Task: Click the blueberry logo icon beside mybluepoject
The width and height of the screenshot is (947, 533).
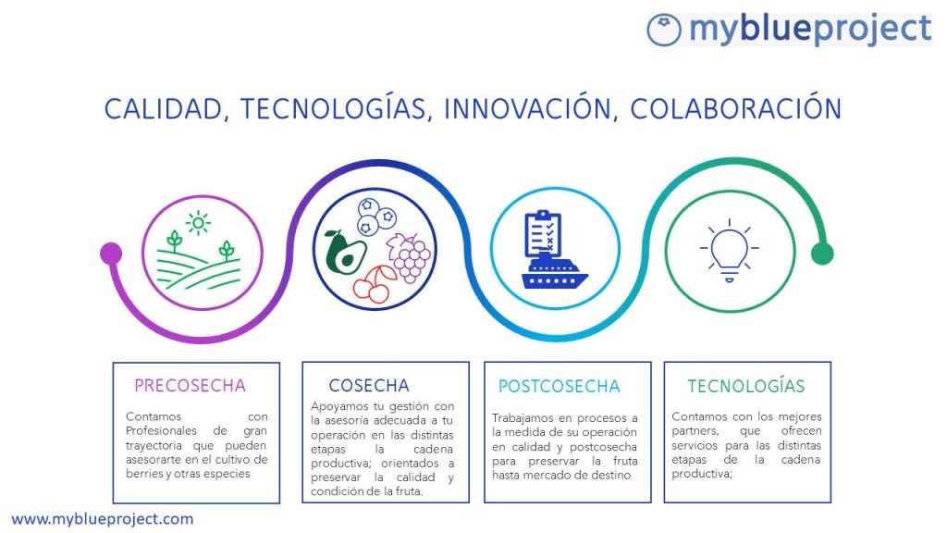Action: click(664, 30)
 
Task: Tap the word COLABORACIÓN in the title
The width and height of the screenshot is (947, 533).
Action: click(735, 109)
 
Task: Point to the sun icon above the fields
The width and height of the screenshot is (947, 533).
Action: click(198, 223)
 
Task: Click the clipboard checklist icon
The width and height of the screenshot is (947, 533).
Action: click(543, 233)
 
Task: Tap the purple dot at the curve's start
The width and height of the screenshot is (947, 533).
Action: click(111, 254)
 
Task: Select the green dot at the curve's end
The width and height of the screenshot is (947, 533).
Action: click(822, 254)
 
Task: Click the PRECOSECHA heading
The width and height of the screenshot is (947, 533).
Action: click(190, 386)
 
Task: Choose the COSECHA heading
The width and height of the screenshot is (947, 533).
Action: click(369, 386)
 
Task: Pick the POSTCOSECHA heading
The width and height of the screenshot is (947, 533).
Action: click(560, 386)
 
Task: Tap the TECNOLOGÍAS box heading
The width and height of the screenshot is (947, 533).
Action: click(746, 386)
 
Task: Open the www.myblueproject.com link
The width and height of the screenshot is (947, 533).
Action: click(103, 519)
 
